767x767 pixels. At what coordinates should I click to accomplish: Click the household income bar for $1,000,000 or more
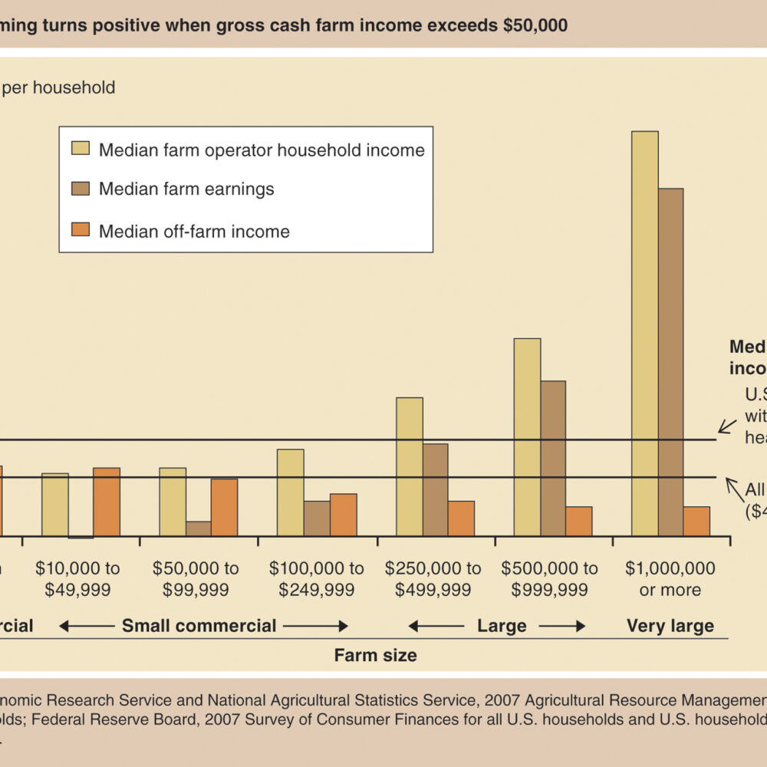click(x=644, y=334)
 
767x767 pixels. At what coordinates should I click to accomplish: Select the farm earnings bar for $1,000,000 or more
click(x=670, y=362)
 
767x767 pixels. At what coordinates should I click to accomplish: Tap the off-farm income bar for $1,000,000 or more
click(x=696, y=521)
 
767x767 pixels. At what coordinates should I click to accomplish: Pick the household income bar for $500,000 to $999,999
click(x=527, y=437)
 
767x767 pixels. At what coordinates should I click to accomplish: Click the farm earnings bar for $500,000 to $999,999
click(x=553, y=458)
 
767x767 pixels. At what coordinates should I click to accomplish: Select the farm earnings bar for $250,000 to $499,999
click(x=435, y=489)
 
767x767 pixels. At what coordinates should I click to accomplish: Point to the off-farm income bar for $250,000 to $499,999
click(x=461, y=518)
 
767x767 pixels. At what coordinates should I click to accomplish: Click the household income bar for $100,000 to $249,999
click(x=290, y=492)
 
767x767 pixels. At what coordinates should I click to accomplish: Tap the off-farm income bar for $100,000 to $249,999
click(x=343, y=515)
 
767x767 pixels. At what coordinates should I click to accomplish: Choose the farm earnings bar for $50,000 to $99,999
click(x=198, y=528)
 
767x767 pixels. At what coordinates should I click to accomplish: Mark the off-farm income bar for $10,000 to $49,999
click(x=107, y=502)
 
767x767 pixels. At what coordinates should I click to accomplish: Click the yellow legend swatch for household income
click(x=81, y=149)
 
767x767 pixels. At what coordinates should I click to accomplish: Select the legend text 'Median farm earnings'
click(x=186, y=189)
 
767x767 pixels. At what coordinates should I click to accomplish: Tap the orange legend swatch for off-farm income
click(x=81, y=230)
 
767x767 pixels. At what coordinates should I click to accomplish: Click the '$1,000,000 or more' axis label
click(x=670, y=579)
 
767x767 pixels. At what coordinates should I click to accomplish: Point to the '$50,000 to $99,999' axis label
click(x=196, y=579)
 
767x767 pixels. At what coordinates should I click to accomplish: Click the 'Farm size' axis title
click(x=375, y=655)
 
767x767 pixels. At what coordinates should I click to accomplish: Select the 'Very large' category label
click(x=670, y=626)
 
